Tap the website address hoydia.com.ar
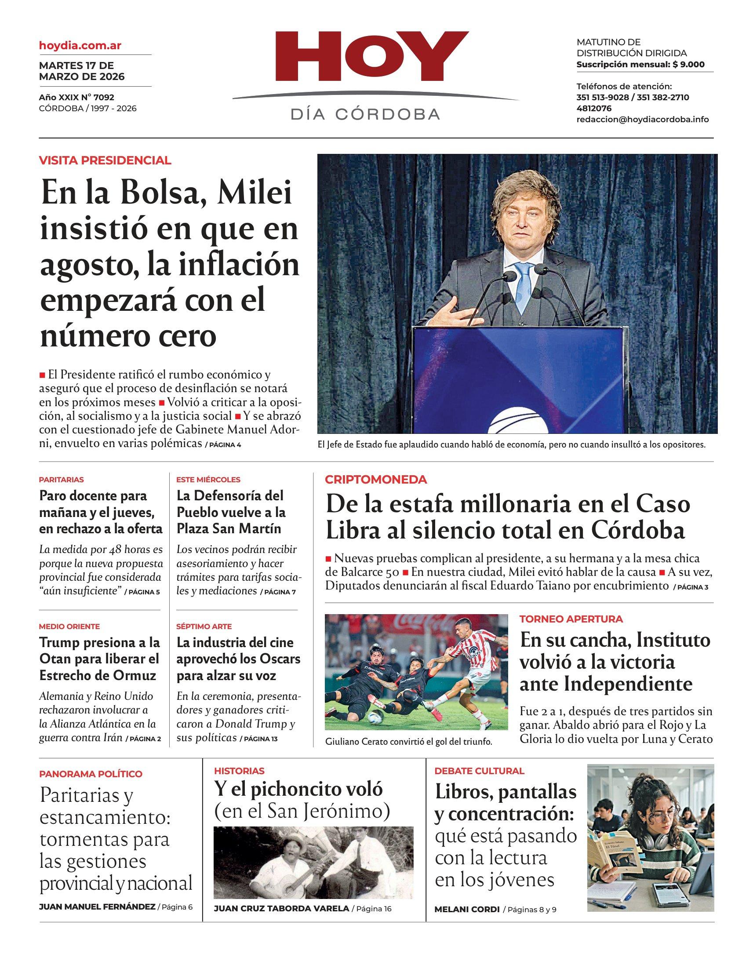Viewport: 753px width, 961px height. tap(80, 45)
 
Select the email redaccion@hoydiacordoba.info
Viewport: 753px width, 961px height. tap(642, 120)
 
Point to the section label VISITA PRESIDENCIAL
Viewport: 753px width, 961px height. tap(105, 160)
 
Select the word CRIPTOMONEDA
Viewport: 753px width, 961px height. tap(375, 480)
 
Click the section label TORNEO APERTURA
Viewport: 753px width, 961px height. tap(571, 619)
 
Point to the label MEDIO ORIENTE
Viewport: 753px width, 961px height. tap(69, 626)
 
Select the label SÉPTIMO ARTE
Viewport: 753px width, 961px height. tap(204, 626)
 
